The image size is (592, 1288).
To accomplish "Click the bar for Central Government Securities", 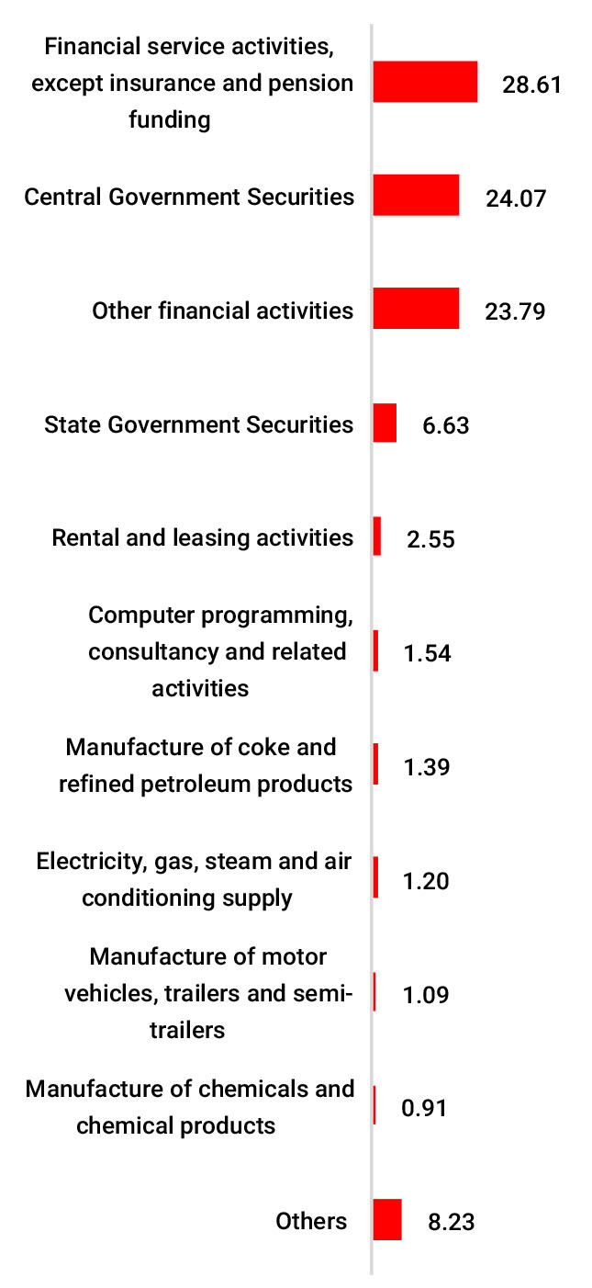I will (x=416, y=196).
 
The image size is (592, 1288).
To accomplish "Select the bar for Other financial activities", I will (x=416, y=309).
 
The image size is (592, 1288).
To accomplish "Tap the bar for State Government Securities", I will (x=385, y=423).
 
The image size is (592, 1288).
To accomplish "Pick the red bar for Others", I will (x=387, y=1220).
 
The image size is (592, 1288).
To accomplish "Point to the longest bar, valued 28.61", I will (x=425, y=82).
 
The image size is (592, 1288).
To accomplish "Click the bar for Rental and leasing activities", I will (x=377, y=536).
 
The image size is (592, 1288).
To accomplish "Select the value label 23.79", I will (x=515, y=311).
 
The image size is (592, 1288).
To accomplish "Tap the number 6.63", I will (x=446, y=425).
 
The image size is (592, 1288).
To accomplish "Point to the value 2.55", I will (x=430, y=539).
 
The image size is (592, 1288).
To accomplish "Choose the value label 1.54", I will (x=427, y=653).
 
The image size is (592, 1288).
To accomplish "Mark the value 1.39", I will (x=427, y=767).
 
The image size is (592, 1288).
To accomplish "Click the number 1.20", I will (x=426, y=881).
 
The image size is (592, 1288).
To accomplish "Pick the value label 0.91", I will (x=424, y=1109).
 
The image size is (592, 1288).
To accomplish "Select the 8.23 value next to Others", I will (x=451, y=1223).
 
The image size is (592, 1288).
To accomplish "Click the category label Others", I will (x=311, y=1221).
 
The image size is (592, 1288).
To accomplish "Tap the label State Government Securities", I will (x=199, y=424).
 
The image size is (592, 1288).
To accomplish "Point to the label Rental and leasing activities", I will (x=203, y=537).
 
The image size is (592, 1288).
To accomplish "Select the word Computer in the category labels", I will (x=129, y=615).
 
